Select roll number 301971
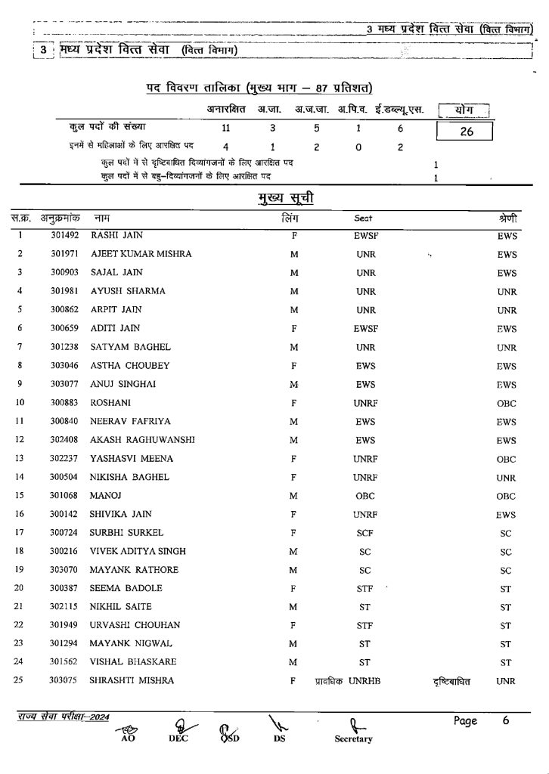(x=65, y=254)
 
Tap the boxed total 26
(x=465, y=132)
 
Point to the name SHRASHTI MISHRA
(x=132, y=681)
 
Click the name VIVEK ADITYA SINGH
(x=138, y=551)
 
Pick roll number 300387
(x=65, y=589)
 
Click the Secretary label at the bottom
(x=353, y=739)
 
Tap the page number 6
(x=505, y=720)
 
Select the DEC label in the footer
(x=178, y=739)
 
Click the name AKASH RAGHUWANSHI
(x=142, y=440)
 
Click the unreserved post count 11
(x=225, y=128)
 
